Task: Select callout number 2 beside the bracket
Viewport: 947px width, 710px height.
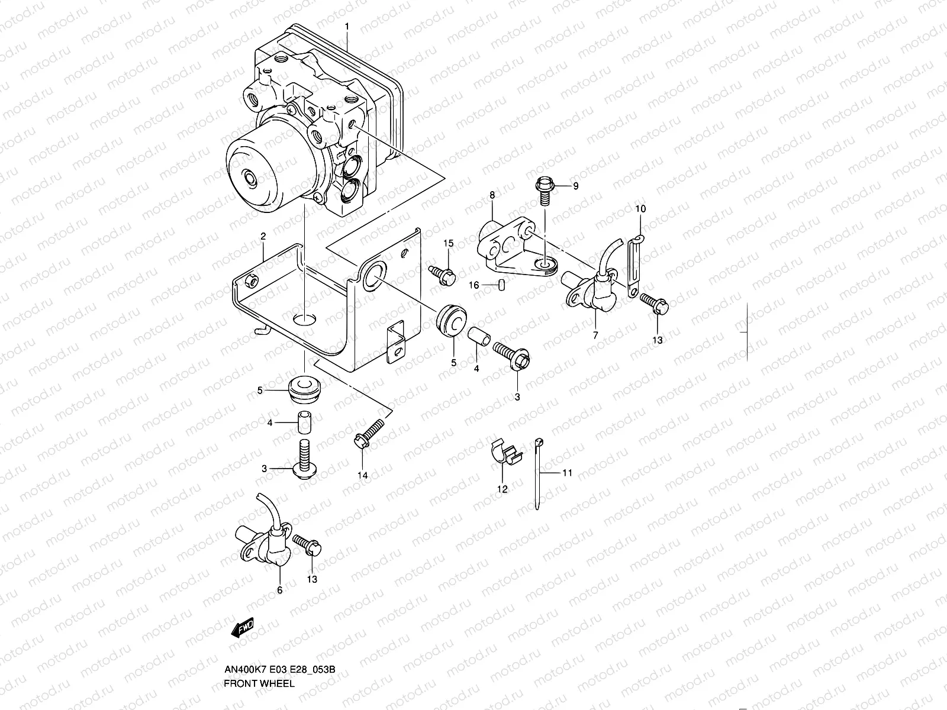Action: [263, 235]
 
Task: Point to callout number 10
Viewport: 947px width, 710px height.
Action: [640, 209]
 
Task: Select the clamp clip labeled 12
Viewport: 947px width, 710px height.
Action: [505, 454]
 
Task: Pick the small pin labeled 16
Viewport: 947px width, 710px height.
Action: [501, 286]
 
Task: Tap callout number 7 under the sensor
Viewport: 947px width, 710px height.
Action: [595, 335]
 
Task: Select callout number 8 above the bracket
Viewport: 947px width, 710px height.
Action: [492, 194]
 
